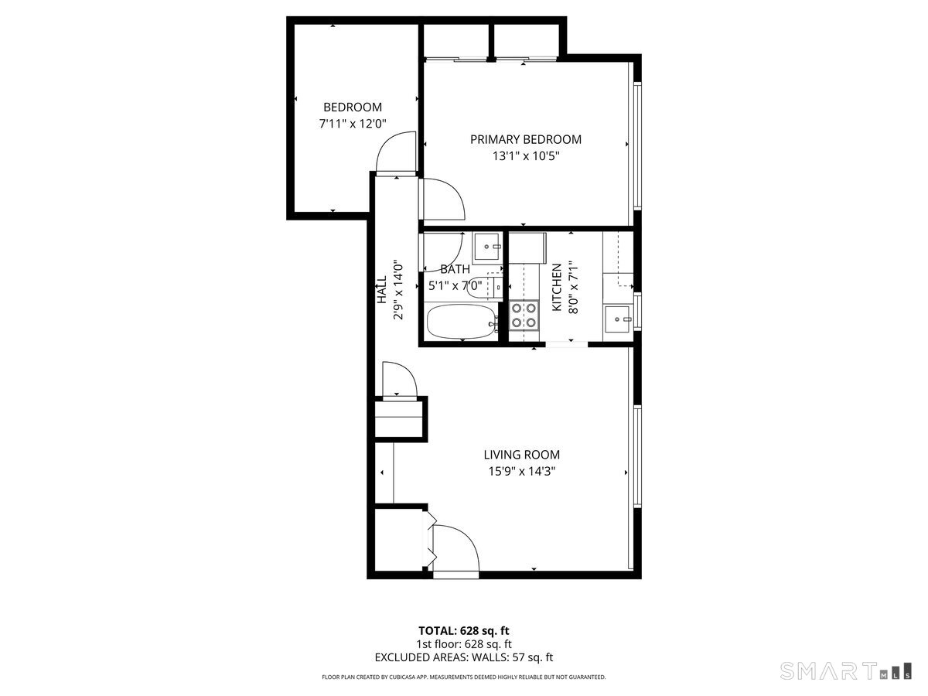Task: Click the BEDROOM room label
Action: click(352, 107)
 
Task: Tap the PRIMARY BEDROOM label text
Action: click(526, 139)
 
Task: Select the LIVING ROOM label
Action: click(522, 455)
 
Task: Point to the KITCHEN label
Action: click(557, 288)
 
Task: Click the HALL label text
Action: click(382, 289)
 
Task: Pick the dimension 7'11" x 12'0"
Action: click(352, 124)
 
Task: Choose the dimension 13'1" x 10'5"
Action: click(526, 156)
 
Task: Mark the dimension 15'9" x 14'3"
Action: click(522, 471)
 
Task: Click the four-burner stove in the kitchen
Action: click(524, 315)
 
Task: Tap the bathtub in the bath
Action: click(462, 322)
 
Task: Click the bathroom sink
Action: click(487, 247)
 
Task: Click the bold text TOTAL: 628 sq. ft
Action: click(464, 631)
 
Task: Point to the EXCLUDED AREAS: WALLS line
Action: click(464, 657)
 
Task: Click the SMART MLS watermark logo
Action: click(845, 670)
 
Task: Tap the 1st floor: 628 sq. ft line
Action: click(464, 644)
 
